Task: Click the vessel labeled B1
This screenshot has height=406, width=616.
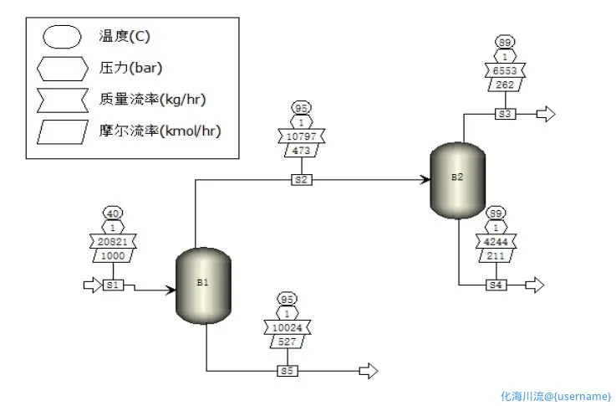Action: click(202, 285)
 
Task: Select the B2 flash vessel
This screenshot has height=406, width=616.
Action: click(456, 180)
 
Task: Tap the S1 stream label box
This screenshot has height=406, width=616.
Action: click(113, 285)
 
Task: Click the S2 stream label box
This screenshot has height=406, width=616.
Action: click(302, 179)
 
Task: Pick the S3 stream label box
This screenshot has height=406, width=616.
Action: click(505, 114)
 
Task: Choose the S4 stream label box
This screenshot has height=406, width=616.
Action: click(496, 285)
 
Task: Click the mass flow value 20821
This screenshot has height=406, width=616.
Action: click(113, 241)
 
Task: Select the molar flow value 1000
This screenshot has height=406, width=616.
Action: click(113, 255)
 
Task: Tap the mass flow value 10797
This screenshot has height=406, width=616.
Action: click(302, 135)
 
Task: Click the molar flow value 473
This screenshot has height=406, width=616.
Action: click(302, 149)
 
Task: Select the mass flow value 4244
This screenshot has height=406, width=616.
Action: click(496, 241)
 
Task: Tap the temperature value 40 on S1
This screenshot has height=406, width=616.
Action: click(113, 213)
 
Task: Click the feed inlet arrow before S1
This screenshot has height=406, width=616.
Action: click(91, 285)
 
